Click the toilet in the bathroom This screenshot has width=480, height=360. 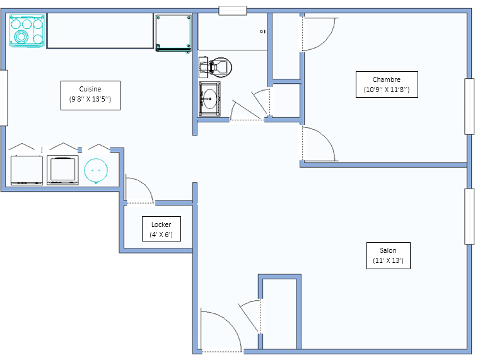pos(215,67)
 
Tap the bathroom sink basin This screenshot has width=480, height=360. pos(209,99)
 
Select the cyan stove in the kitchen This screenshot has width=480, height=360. pos(27,31)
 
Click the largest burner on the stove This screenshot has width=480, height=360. pos(21,37)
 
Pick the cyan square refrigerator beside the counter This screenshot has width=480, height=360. pos(173,33)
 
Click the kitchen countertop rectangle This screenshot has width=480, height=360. pos(100,31)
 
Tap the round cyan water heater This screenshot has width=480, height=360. pos(96,171)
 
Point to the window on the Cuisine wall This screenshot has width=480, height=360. pos(4,98)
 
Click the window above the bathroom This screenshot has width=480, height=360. pos(233,11)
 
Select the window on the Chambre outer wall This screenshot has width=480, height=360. pos(469,106)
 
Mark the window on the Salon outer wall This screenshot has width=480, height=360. pos(469,216)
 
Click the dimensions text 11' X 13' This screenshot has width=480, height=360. pos(388,260)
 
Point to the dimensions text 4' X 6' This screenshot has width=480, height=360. pos(161,235)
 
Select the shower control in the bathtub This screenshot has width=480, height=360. pos(262,31)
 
